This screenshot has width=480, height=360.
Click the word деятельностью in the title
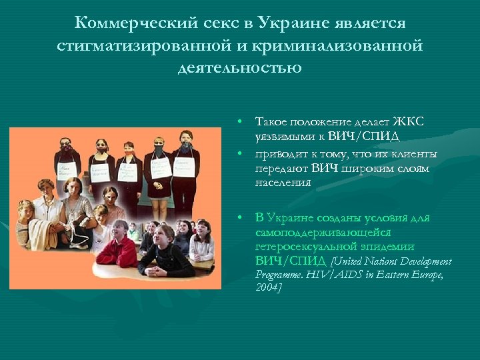click(240, 68)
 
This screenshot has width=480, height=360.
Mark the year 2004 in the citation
click(267, 287)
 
